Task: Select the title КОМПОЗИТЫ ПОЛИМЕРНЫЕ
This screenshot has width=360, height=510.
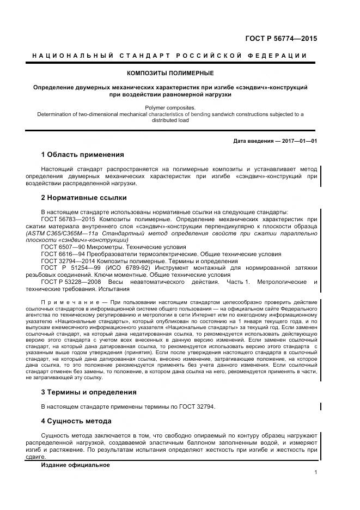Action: pyautogui.click(x=170, y=72)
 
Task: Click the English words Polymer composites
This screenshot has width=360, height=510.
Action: pyautogui.click(x=170, y=108)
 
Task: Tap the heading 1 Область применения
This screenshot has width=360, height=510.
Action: pyautogui.click(x=83, y=155)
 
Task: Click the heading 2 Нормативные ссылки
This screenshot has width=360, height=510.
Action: pyautogui.click(x=84, y=197)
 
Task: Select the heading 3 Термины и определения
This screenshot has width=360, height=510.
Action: pyautogui.click(x=89, y=392)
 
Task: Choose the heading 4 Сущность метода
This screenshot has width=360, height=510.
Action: pyautogui.click(x=76, y=421)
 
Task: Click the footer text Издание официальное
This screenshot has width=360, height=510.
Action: pyautogui.click(x=76, y=465)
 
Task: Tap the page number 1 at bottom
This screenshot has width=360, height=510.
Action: pyautogui.click(x=316, y=472)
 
